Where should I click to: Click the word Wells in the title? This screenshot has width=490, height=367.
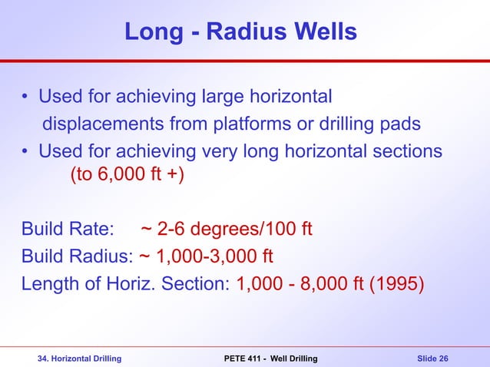click(x=322, y=31)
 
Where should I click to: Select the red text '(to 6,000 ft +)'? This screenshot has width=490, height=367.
click(x=127, y=177)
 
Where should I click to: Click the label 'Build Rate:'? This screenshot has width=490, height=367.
click(x=68, y=230)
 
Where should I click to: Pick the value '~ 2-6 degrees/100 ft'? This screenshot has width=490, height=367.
click(x=226, y=230)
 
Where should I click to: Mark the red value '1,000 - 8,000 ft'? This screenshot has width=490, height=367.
click(x=300, y=283)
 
